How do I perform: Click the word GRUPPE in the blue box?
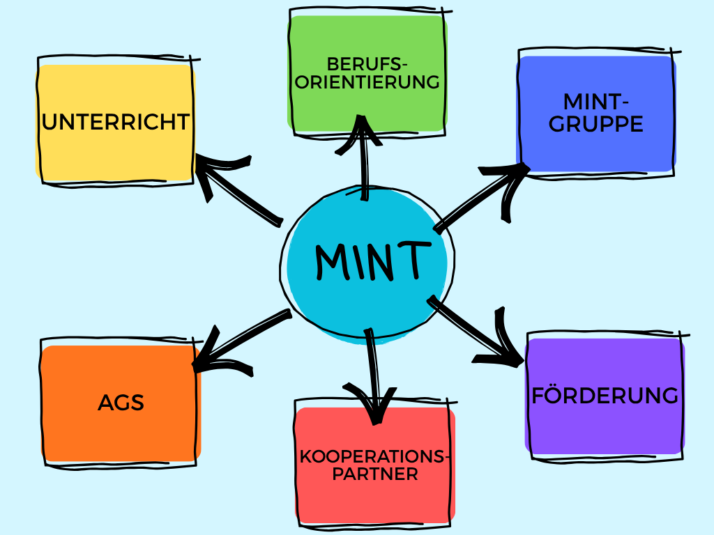tap(596, 125)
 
